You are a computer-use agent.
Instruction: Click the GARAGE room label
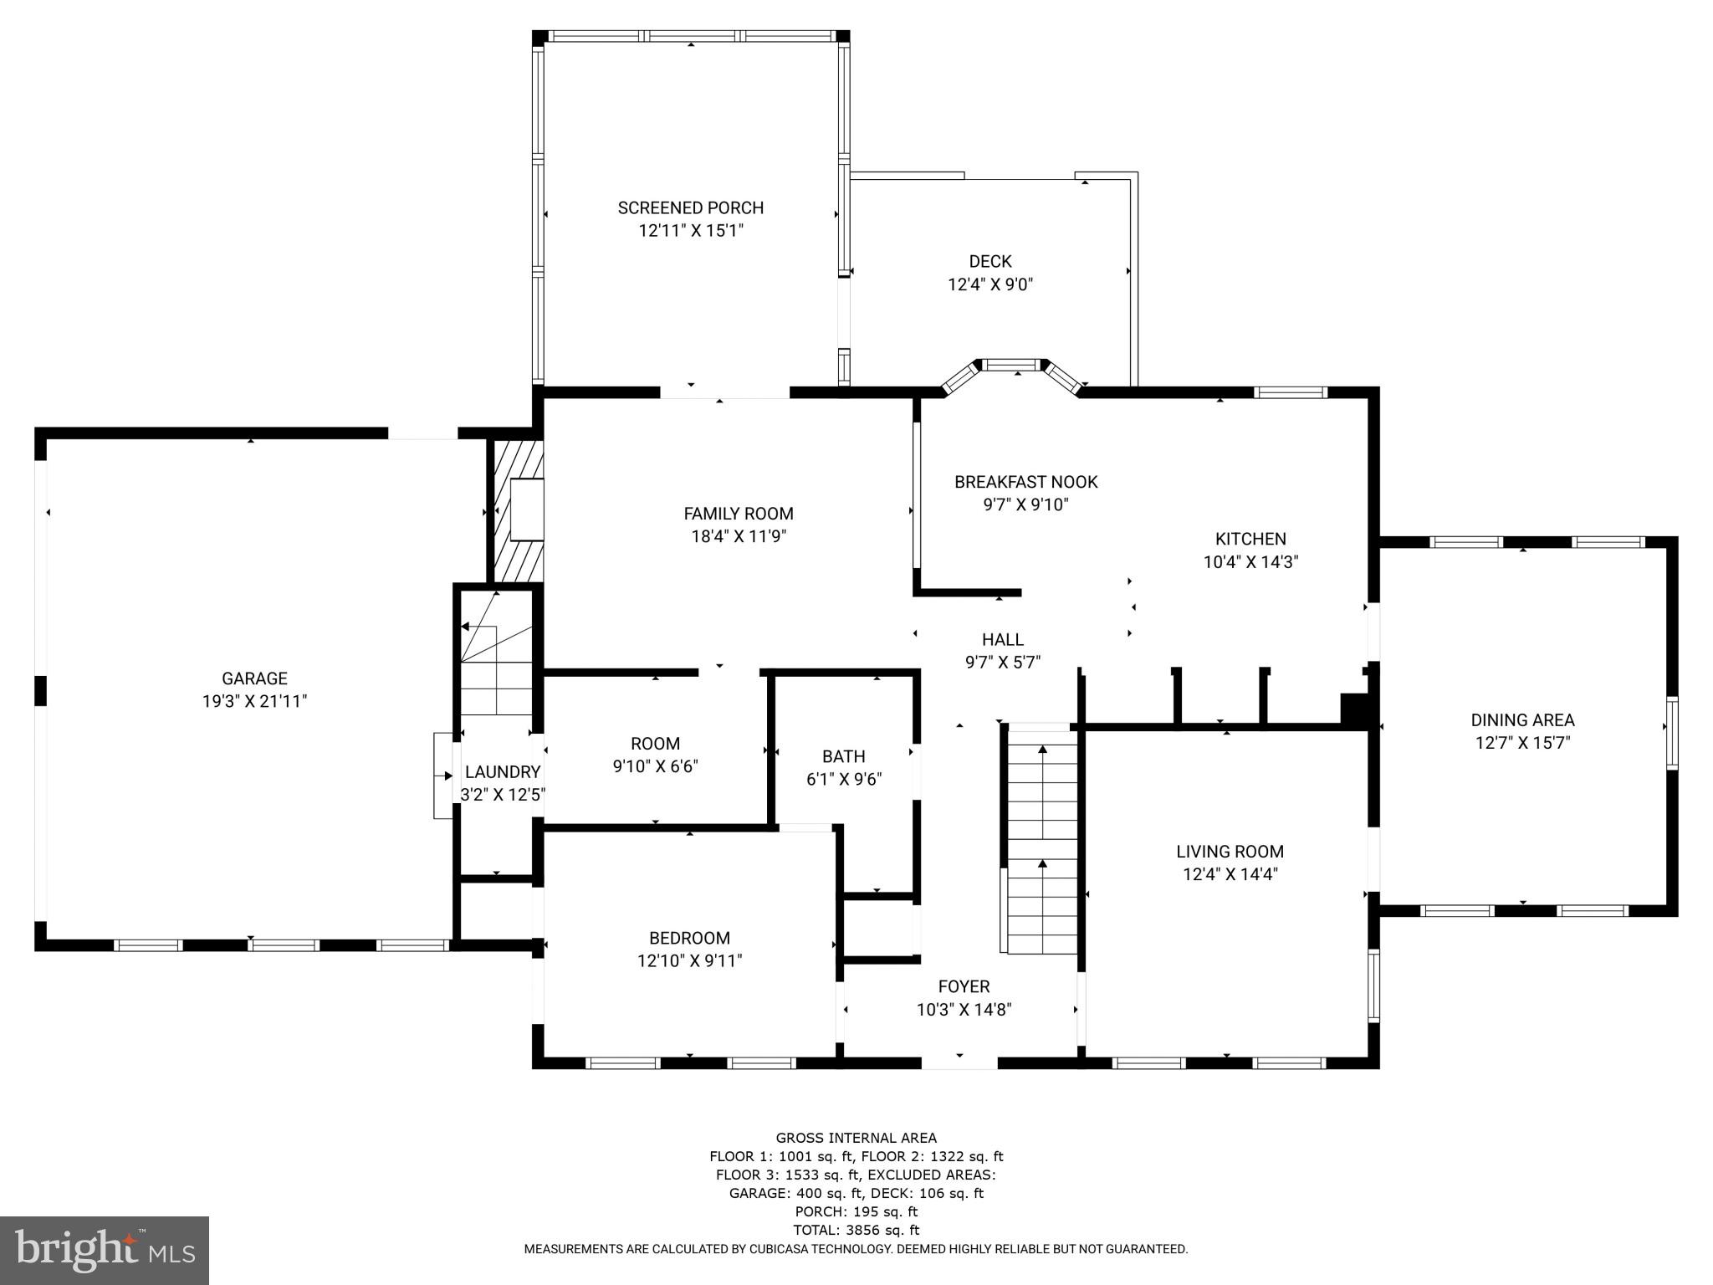coord(254,678)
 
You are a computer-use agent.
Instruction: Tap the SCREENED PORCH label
coord(690,207)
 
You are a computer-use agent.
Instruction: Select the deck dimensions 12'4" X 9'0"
coord(990,284)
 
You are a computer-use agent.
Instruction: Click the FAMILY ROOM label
coord(738,514)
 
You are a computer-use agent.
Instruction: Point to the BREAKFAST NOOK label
coord(1025,482)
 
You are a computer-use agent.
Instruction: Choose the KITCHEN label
coord(1250,539)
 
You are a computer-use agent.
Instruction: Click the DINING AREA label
coord(1522,719)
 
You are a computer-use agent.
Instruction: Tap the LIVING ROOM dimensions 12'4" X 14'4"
coord(1230,874)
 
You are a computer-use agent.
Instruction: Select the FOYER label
coord(964,986)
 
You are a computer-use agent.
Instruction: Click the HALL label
coord(1002,639)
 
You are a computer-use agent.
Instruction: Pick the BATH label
coord(843,756)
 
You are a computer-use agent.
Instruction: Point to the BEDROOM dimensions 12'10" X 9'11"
coord(689,961)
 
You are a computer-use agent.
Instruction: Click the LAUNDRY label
coord(502,771)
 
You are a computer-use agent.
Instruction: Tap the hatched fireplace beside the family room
coord(517,510)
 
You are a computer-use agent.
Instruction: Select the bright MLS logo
coord(105,1250)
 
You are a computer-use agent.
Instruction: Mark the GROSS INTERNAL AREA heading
coord(856,1138)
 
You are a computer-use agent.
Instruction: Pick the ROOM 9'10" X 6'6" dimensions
coord(655,765)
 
